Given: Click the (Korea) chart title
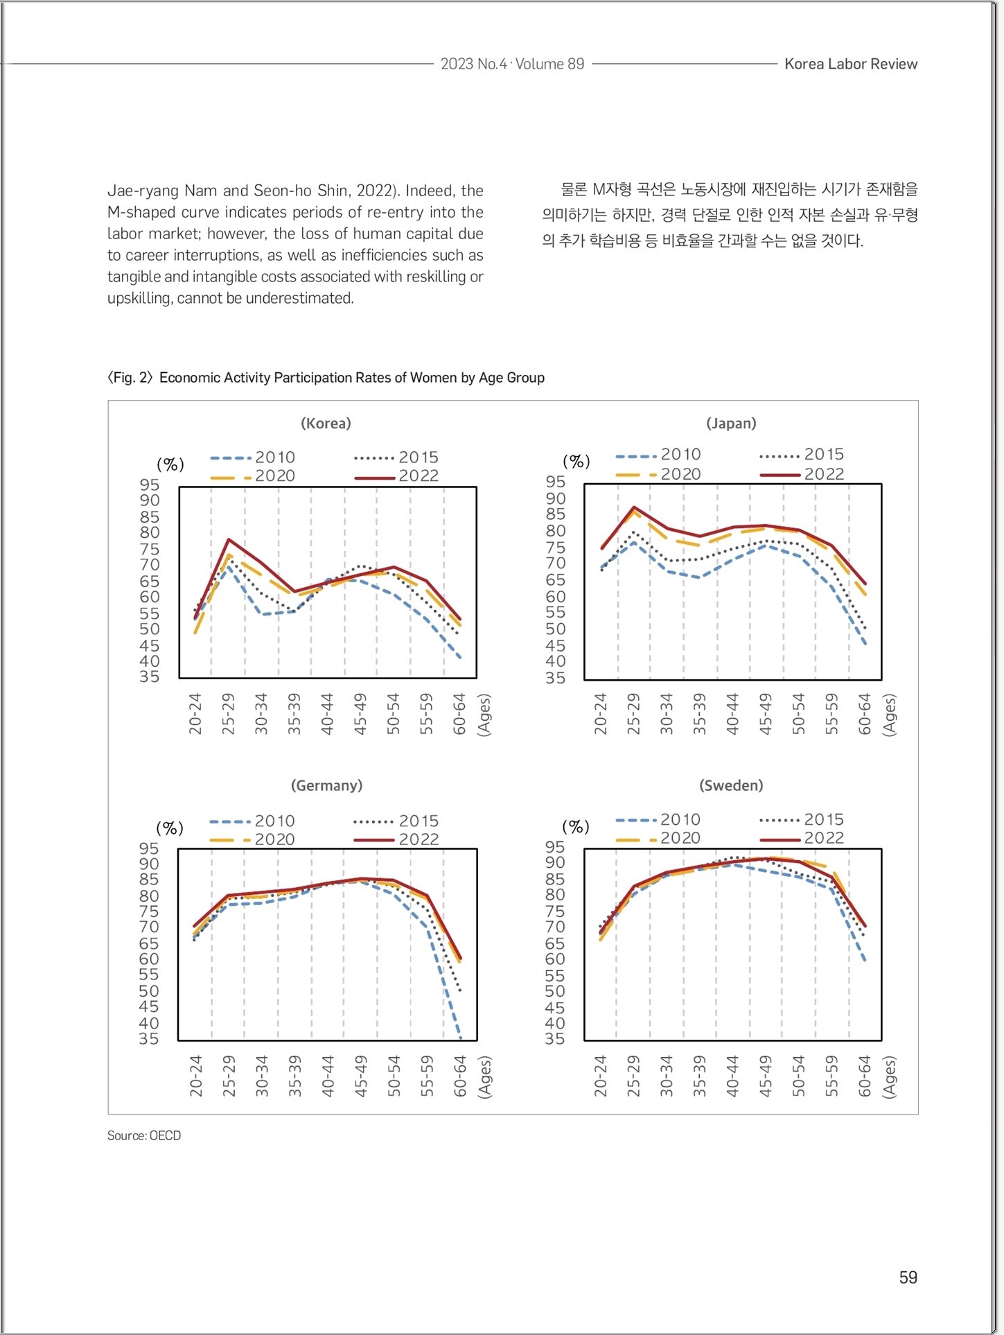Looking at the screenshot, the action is click(x=326, y=424).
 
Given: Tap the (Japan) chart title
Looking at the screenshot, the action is click(x=731, y=424).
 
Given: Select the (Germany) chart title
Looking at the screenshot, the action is click(x=326, y=785).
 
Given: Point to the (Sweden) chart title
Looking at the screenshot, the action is click(x=731, y=785).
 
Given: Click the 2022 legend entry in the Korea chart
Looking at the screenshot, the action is click(x=396, y=476).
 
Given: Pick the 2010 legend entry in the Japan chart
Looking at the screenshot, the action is click(x=658, y=455).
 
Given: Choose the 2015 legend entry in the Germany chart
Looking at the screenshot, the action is click(x=396, y=821).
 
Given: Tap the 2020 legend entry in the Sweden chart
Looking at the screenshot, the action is click(x=658, y=838).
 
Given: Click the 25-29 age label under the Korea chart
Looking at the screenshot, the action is click(x=229, y=713).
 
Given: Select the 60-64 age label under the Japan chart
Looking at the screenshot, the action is click(x=865, y=713).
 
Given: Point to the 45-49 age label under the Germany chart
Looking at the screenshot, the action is click(x=361, y=1076).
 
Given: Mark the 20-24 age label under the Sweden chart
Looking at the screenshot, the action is click(x=601, y=1076).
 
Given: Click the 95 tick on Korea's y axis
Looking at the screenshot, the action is click(x=150, y=485).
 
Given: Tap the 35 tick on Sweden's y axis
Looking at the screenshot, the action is click(x=555, y=1038).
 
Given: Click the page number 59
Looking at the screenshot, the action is click(x=908, y=1277).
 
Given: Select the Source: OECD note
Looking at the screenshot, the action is click(x=144, y=1135).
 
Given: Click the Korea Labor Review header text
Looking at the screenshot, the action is click(x=851, y=64).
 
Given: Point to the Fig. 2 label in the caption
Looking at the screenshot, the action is click(x=130, y=378).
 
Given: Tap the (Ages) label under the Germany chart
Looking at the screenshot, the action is click(x=485, y=1076).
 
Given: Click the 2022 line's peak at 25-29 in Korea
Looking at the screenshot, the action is click(x=229, y=539).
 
